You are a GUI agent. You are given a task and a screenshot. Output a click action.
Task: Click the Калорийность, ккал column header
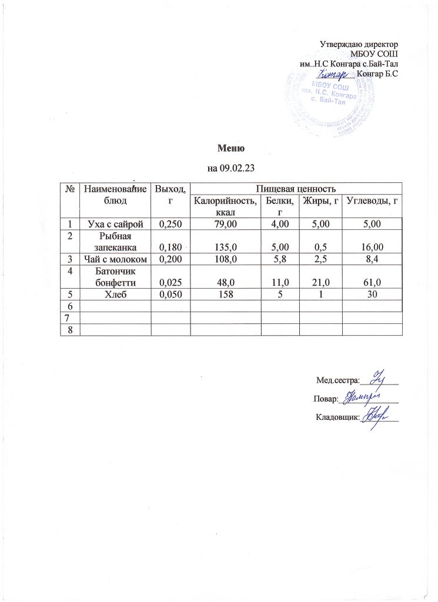[225, 207]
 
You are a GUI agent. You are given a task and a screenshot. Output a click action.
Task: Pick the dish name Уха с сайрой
[115, 223]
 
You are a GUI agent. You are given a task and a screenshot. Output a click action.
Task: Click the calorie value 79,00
[225, 223]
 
